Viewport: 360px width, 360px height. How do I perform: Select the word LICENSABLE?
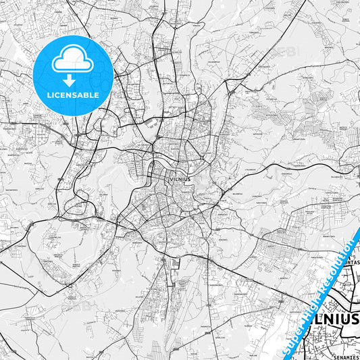click(x=72, y=95)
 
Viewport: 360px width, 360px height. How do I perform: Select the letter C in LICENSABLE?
click(x=59, y=95)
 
